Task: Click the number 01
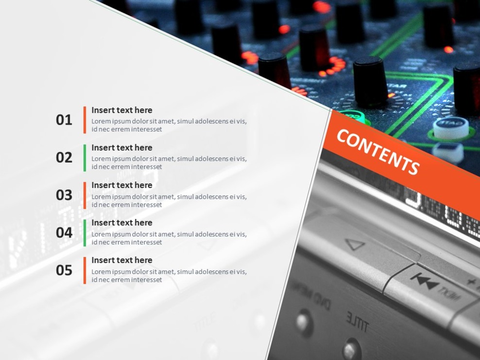click(64, 120)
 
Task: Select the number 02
click(64, 158)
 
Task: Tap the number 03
click(64, 195)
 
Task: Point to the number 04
click(64, 233)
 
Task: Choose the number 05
click(64, 270)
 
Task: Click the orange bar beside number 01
click(85, 120)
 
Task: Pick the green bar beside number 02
click(85, 158)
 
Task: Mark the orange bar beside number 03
click(85, 195)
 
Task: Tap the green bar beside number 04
click(85, 233)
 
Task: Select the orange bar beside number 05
click(85, 270)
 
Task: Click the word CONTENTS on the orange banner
click(378, 152)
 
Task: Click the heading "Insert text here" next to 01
click(122, 110)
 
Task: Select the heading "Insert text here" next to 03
click(122, 185)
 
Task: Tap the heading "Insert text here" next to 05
click(122, 260)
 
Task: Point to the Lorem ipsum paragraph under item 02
click(169, 163)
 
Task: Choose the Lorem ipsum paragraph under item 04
click(169, 238)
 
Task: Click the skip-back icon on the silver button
click(425, 281)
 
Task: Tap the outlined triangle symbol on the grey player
click(356, 244)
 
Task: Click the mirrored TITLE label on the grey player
click(357, 322)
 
